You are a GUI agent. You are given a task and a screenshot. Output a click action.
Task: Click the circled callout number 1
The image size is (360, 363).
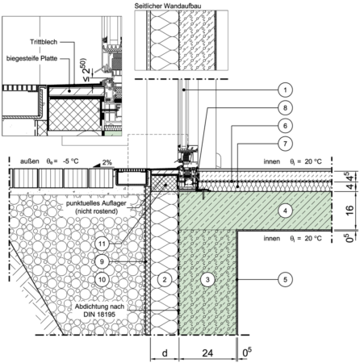(x=285, y=90)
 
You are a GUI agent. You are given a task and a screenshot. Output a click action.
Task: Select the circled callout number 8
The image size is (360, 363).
(x=285, y=108)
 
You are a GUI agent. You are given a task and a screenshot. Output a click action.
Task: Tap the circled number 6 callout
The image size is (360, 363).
(x=285, y=126)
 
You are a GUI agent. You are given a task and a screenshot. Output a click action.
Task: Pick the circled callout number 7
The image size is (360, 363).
(x=285, y=144)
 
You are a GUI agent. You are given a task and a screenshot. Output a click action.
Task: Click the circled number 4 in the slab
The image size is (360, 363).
(x=285, y=211)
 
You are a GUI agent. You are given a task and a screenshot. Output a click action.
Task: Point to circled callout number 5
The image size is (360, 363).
(x=285, y=279)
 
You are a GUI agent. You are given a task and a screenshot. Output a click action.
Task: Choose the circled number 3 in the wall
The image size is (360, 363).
(x=207, y=279)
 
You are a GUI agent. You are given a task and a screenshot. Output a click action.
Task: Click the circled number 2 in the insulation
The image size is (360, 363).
(x=165, y=279)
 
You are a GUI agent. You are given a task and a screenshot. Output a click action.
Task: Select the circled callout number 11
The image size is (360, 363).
(x=102, y=244)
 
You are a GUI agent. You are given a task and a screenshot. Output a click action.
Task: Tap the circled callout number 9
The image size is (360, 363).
(x=102, y=261)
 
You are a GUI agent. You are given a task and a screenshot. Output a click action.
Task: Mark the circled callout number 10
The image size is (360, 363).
(x=102, y=279)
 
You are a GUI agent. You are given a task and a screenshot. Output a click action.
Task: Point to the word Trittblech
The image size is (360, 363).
(x=44, y=42)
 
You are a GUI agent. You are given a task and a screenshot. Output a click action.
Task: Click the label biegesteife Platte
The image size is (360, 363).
(x=32, y=58)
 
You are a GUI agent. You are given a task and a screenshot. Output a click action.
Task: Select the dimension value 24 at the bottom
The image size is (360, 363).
(x=207, y=353)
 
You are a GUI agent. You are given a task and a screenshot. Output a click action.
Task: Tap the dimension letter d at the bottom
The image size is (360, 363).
(x=165, y=353)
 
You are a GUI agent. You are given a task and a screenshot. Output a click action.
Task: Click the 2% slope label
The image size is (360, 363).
(x=107, y=162)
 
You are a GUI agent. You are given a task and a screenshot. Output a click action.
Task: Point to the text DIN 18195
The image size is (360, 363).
(x=99, y=314)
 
